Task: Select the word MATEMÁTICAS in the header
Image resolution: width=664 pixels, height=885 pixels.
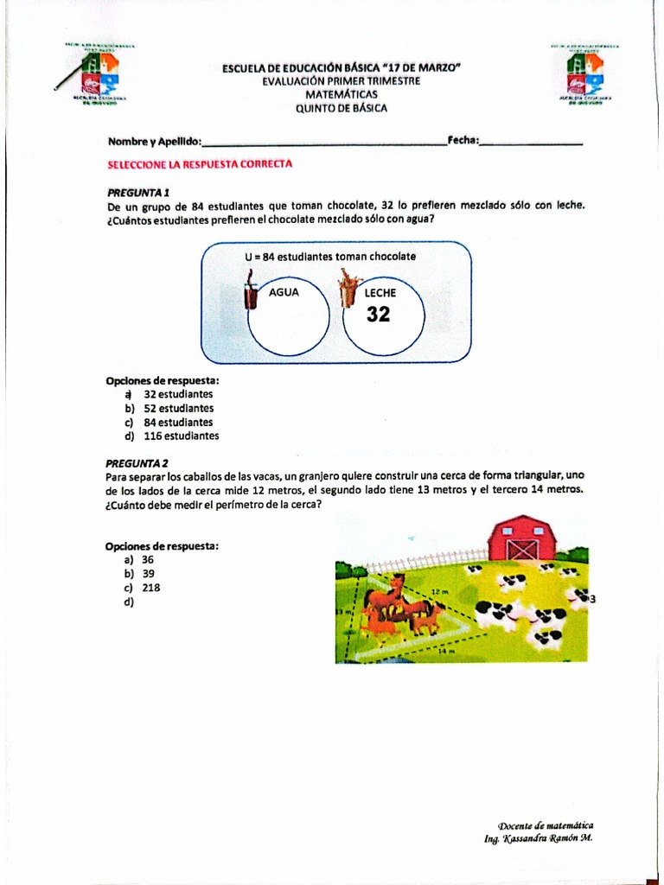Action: (x=342, y=94)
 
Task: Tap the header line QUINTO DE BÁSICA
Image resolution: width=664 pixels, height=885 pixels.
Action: (x=342, y=108)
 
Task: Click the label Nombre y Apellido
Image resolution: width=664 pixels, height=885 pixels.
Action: (x=154, y=141)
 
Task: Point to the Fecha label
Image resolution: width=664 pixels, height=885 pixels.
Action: (x=463, y=141)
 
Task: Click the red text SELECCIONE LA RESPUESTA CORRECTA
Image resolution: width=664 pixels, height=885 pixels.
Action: (x=200, y=163)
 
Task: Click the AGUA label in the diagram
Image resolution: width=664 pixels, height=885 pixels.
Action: (x=284, y=292)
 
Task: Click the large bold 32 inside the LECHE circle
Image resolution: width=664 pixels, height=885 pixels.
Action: (x=379, y=315)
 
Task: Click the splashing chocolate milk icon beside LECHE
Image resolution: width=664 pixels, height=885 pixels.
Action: (x=348, y=288)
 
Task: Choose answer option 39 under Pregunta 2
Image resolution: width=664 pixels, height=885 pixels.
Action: (x=148, y=573)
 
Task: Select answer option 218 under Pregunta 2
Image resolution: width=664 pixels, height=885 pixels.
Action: (x=150, y=588)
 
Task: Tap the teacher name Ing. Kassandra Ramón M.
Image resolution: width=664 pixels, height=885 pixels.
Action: (x=538, y=838)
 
